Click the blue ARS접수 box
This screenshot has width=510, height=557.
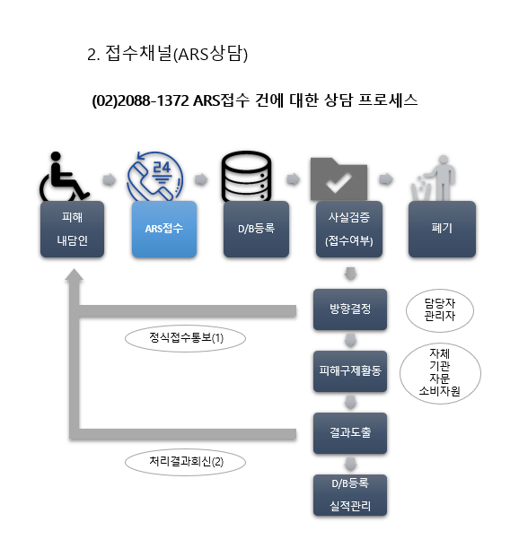[164, 229]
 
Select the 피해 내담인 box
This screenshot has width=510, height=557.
[72, 229]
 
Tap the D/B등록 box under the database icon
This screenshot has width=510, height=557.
[256, 229]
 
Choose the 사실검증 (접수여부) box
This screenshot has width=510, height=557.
[349, 229]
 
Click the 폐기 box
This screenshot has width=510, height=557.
[442, 229]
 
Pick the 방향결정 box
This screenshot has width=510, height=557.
[350, 309]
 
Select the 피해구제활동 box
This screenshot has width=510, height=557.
[350, 371]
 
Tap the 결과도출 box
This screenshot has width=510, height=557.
[350, 433]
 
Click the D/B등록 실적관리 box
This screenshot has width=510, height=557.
[350, 495]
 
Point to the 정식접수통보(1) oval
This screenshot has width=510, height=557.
[185, 338]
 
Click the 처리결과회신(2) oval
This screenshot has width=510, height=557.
[185, 463]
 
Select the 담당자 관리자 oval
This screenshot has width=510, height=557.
[440, 310]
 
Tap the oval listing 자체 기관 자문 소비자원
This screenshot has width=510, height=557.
[440, 373]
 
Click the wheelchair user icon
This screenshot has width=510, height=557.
[64, 177]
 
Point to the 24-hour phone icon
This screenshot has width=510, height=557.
[155, 177]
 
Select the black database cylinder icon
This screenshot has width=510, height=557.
[246, 177]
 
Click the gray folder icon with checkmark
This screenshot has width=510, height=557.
[339, 179]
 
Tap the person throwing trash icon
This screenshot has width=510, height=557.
[434, 178]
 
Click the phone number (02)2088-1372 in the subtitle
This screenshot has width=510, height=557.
[140, 100]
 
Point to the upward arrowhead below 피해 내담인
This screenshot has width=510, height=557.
[74, 275]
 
